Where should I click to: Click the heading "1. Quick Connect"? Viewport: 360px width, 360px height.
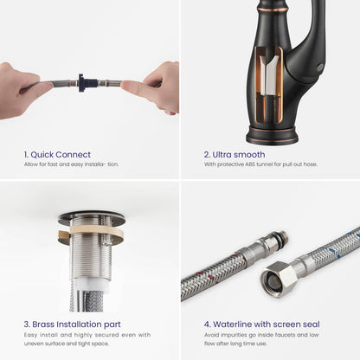(x=57, y=155)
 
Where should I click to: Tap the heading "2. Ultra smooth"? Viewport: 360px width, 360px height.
(x=235, y=155)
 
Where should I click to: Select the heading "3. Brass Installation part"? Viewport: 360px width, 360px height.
(x=72, y=325)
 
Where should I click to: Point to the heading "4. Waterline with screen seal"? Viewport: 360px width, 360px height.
(x=262, y=325)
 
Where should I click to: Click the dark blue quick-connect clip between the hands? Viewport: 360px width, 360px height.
(x=82, y=83)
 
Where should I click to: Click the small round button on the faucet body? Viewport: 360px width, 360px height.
(x=319, y=67)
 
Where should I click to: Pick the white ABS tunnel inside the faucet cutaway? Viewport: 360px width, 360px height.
(x=268, y=76)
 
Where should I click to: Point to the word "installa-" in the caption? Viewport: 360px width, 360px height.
(x=95, y=164)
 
